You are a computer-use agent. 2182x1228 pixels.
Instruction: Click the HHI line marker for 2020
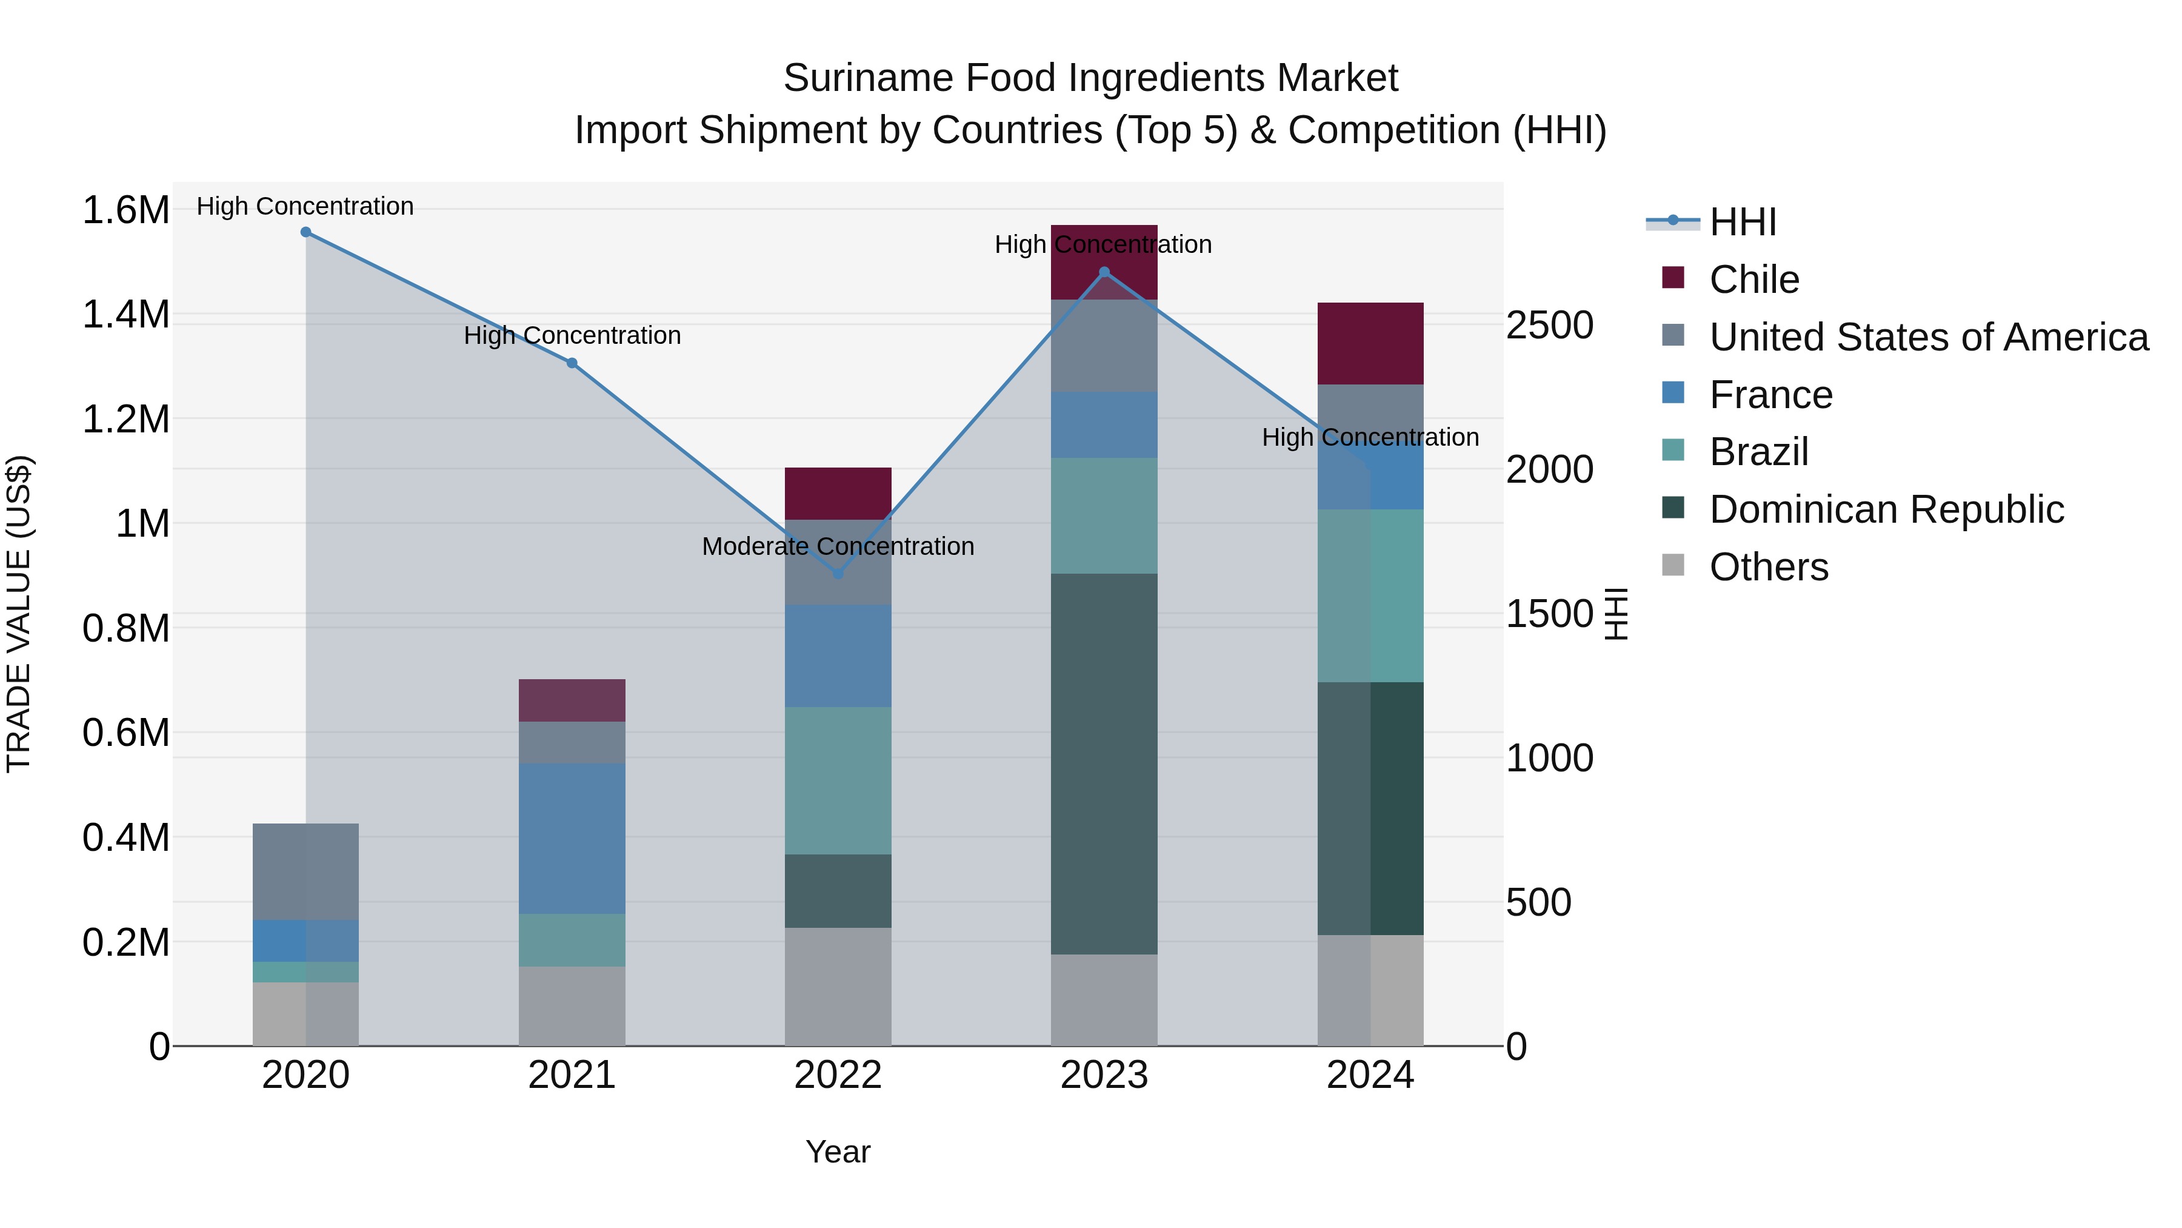coord(306,232)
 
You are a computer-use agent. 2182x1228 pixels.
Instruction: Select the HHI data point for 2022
coord(838,574)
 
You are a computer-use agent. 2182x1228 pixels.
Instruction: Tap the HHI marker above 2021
coord(572,363)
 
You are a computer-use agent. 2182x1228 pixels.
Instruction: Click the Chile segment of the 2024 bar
coord(1370,343)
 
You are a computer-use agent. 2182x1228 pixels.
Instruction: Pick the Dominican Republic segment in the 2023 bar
coord(1104,763)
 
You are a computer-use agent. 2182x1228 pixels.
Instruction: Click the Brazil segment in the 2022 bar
coord(838,780)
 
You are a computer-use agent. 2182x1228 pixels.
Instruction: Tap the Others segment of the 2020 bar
coord(306,1013)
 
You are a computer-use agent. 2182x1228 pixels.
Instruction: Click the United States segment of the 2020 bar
coord(306,871)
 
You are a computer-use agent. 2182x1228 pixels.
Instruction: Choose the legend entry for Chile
coord(1753,280)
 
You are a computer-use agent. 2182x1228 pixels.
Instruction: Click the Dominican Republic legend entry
coord(1886,509)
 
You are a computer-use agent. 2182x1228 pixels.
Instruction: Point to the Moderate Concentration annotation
coord(838,546)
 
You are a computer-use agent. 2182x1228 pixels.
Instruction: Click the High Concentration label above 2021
coord(572,335)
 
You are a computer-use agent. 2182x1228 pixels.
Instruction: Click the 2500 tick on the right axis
coord(1549,326)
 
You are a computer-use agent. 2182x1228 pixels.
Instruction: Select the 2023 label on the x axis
coord(1104,1075)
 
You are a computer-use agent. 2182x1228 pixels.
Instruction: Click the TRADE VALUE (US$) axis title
coord(19,614)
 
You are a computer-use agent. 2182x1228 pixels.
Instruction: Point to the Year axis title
coord(838,1152)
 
